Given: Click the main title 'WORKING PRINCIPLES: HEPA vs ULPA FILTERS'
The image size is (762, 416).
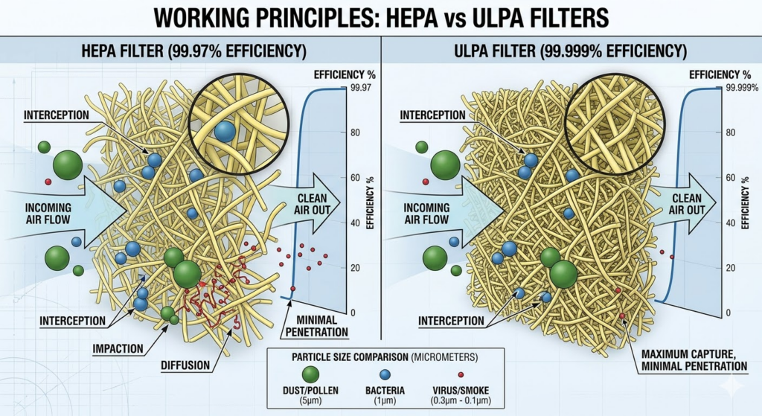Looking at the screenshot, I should click(x=380, y=19).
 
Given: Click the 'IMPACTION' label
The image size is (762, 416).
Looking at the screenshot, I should click(x=118, y=348).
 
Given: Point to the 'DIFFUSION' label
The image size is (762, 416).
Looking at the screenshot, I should click(x=184, y=366).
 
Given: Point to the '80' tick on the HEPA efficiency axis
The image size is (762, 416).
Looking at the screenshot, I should click(x=355, y=133).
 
